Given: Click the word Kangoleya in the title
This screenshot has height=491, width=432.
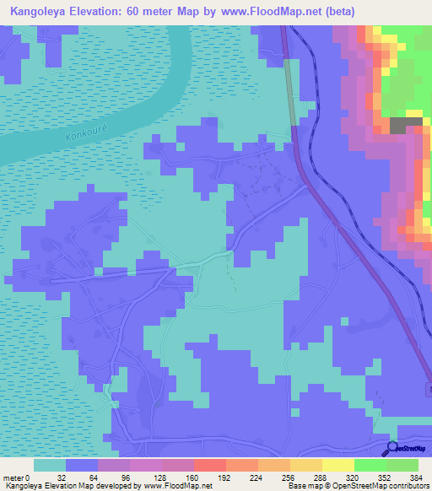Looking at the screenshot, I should [38, 11].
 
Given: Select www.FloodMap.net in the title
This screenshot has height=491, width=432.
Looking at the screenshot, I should [275, 11].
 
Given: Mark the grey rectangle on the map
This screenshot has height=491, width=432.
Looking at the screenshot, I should [407, 125].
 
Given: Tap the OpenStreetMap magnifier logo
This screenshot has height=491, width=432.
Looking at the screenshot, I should [393, 448].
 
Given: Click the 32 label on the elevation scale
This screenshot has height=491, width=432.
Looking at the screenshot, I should [66, 477].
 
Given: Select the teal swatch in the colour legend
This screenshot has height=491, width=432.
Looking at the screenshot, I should [50, 465].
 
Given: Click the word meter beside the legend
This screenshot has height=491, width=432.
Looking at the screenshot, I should [13, 477].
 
